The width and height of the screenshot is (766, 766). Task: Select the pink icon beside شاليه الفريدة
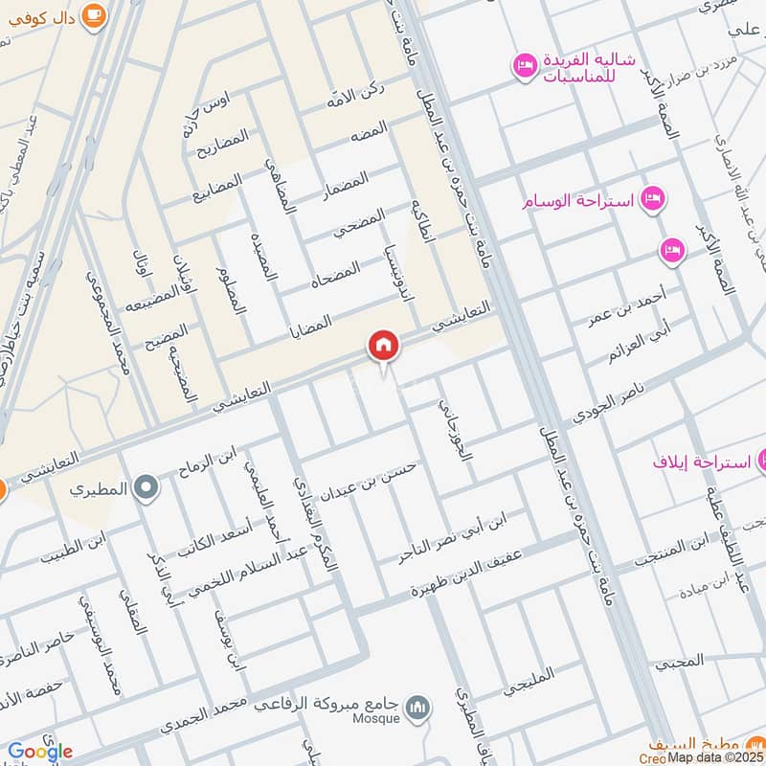[524, 64]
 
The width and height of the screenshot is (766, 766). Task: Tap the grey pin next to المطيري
[146, 488]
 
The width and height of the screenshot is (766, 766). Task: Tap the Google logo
[39, 752]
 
